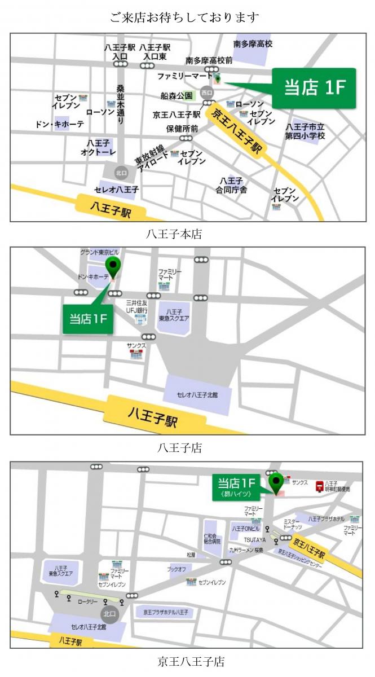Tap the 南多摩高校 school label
click(x=253, y=43)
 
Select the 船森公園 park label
click(x=177, y=96)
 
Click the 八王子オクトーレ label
click(x=98, y=148)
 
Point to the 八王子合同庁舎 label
click(x=231, y=186)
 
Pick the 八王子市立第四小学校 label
click(x=305, y=131)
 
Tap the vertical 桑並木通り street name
click(x=120, y=105)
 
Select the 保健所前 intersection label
click(x=182, y=129)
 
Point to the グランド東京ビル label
click(x=100, y=252)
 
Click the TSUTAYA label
click(x=255, y=540)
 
